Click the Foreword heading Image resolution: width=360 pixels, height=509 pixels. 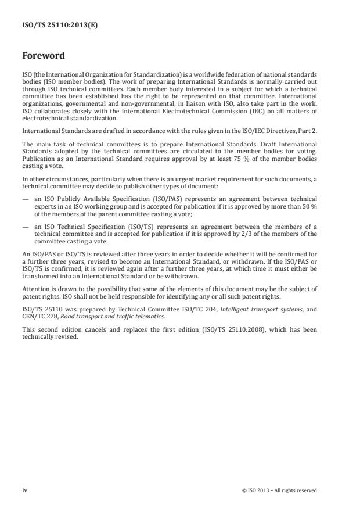[44, 56]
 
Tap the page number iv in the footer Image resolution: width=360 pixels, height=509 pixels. [25, 490]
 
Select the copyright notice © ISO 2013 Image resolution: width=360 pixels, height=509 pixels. [279, 490]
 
